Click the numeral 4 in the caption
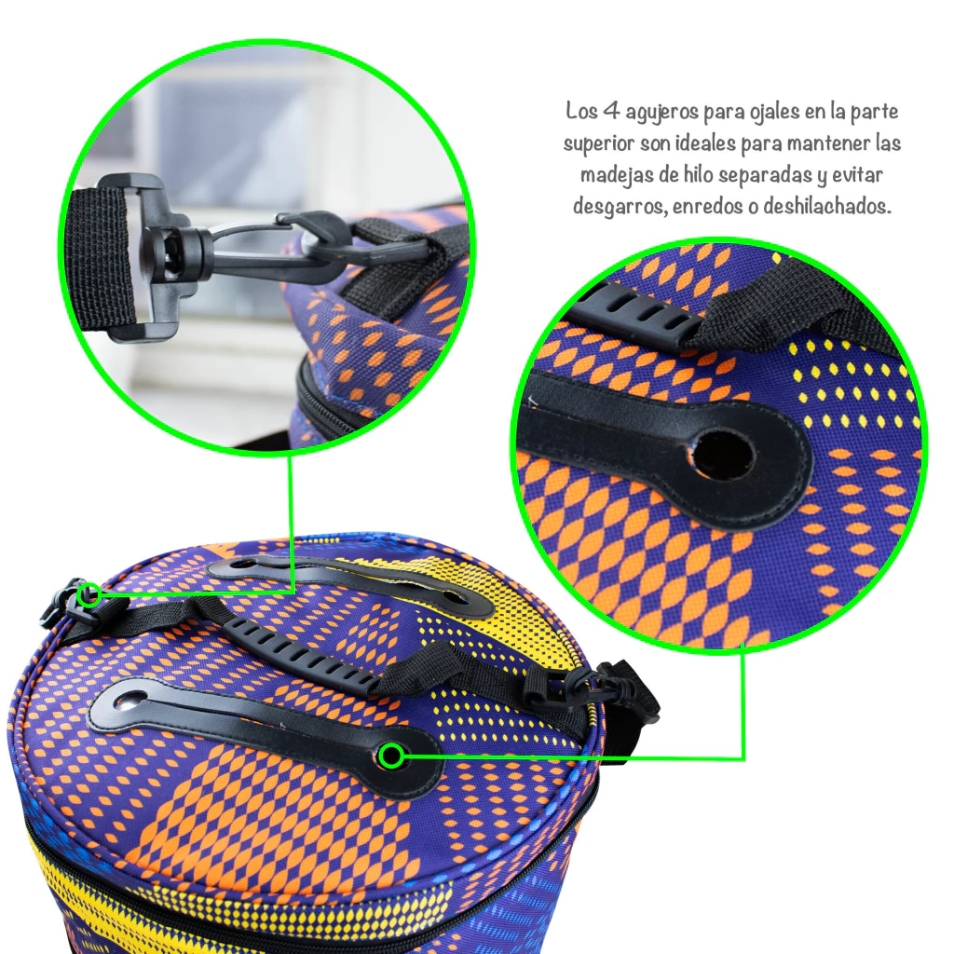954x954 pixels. click(610, 111)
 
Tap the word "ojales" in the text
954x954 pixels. click(764, 113)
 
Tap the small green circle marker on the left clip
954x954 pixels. click(91, 594)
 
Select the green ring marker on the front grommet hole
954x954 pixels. click(391, 756)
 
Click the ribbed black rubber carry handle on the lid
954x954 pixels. click(301, 656)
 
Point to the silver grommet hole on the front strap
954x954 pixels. click(128, 702)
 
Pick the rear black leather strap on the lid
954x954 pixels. click(350, 581)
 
